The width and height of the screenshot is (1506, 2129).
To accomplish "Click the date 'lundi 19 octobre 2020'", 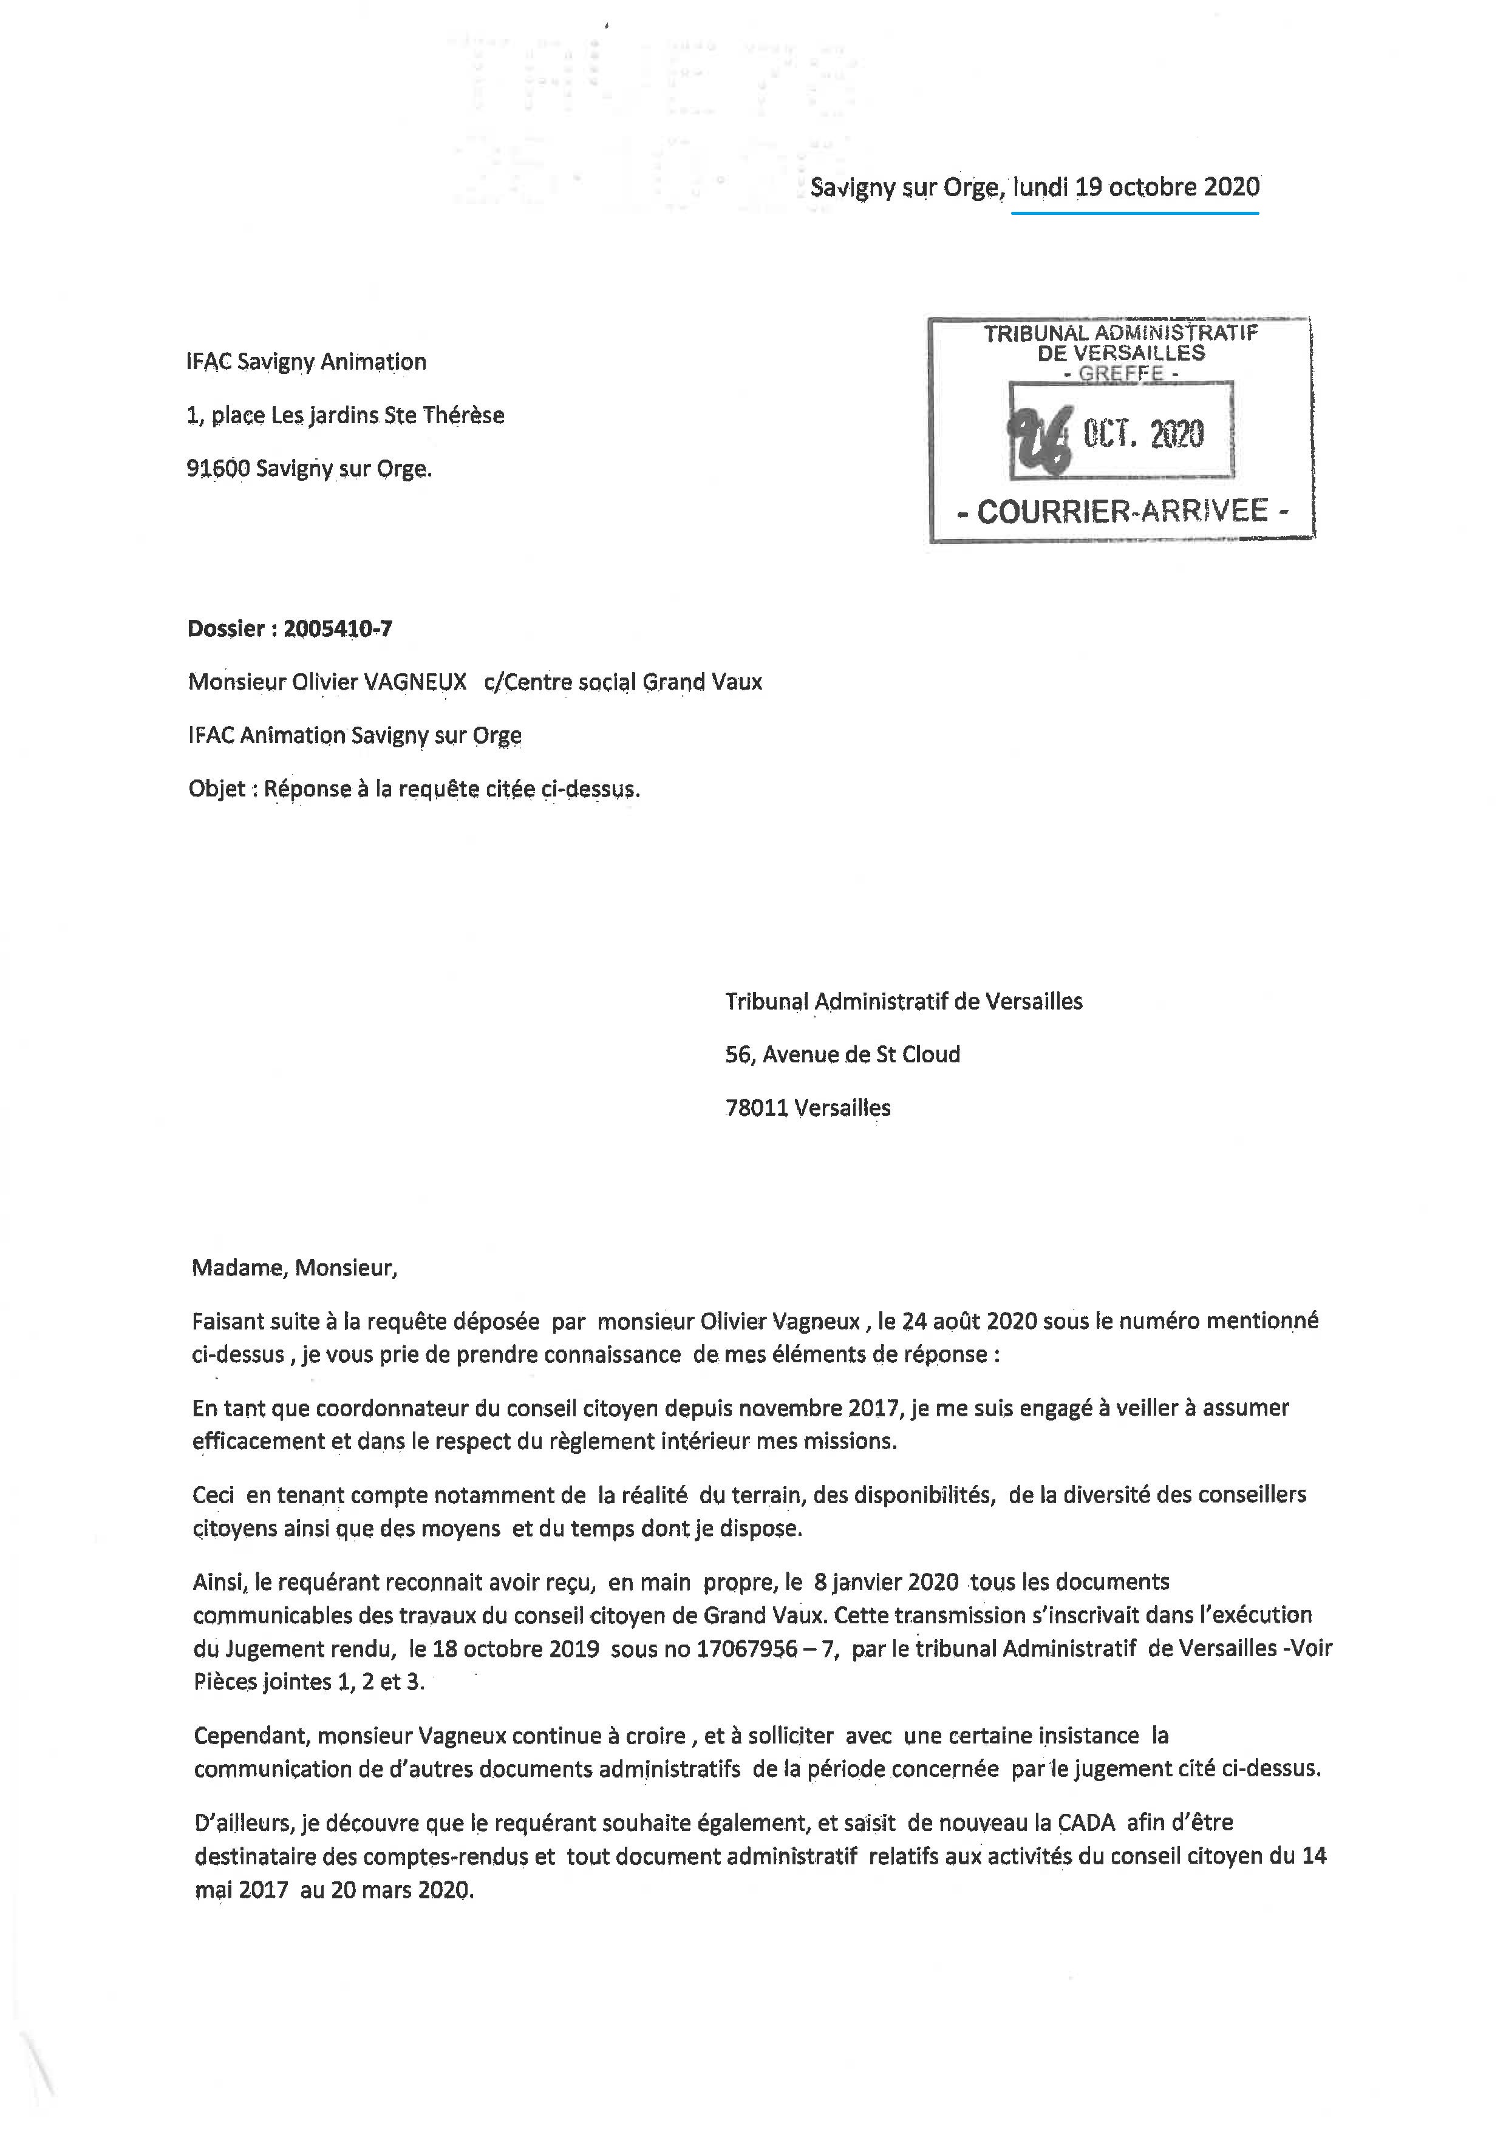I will [x=1136, y=188].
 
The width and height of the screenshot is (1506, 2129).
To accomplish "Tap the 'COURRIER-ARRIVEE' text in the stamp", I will [x=1122, y=511].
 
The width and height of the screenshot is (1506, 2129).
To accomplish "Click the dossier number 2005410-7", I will [x=338, y=629].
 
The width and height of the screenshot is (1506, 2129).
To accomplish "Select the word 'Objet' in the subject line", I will [x=217, y=789].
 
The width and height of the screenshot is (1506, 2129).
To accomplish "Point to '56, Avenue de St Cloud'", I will [x=842, y=1054].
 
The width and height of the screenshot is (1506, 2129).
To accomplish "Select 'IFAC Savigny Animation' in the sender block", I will [x=306, y=362].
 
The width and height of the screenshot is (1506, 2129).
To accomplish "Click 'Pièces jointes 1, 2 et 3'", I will [x=308, y=1682].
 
